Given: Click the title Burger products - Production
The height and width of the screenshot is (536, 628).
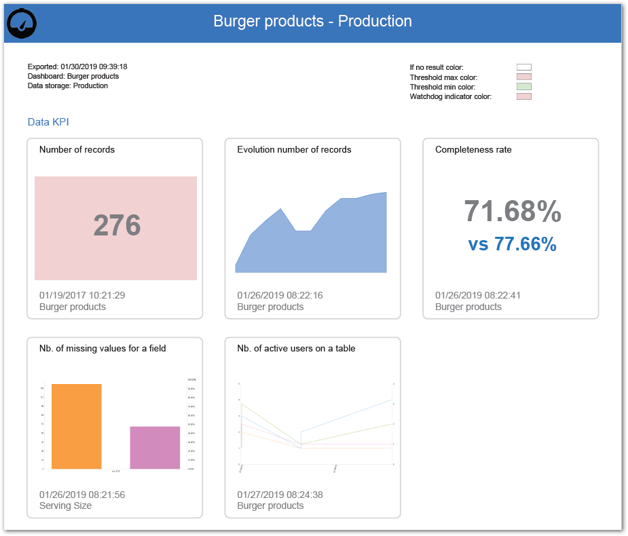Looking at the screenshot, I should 312,21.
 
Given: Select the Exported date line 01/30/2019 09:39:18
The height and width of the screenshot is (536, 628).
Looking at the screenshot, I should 77,66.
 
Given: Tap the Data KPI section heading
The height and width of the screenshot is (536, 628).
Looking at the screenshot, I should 48,122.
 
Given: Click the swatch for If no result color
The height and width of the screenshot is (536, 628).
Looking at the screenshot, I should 523,67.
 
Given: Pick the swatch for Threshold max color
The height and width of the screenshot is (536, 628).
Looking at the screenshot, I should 523,77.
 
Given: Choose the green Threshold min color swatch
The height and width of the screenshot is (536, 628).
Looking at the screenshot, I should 523,87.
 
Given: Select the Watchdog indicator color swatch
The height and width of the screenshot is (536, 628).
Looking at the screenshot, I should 523,96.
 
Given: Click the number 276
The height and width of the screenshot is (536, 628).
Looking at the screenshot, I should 117,226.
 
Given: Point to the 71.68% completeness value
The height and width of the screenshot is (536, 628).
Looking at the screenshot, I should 513,212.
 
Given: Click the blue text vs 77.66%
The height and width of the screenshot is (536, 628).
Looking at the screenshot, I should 513,244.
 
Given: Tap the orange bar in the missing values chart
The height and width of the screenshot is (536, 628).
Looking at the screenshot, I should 76,426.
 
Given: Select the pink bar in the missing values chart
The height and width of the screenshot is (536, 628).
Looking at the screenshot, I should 155,447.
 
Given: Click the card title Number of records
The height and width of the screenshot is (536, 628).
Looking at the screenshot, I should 77,149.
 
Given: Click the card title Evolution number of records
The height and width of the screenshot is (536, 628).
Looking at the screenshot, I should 294,149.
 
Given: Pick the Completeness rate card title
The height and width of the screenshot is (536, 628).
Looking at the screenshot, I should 473,149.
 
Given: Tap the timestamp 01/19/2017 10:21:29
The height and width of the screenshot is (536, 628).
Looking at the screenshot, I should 82,295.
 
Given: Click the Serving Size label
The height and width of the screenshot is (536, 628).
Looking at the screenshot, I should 65,505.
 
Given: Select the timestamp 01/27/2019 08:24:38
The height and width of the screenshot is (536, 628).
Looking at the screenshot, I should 280,495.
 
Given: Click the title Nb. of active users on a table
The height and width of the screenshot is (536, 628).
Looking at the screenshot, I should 296,348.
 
